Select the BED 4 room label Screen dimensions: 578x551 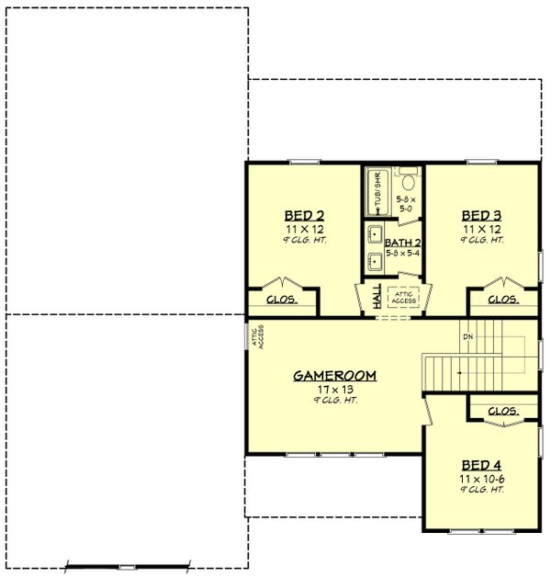click(x=481, y=465)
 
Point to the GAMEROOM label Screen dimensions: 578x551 click(x=335, y=376)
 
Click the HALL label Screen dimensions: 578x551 click(x=377, y=296)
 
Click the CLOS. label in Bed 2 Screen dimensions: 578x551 click(x=280, y=300)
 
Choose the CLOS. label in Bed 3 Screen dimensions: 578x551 click(x=501, y=300)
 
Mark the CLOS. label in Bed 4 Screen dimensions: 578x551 click(x=501, y=411)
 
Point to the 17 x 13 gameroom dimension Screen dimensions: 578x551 click(x=335, y=390)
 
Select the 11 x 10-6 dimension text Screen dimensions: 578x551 click(x=481, y=479)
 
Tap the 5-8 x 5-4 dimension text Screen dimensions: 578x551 click(x=403, y=253)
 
